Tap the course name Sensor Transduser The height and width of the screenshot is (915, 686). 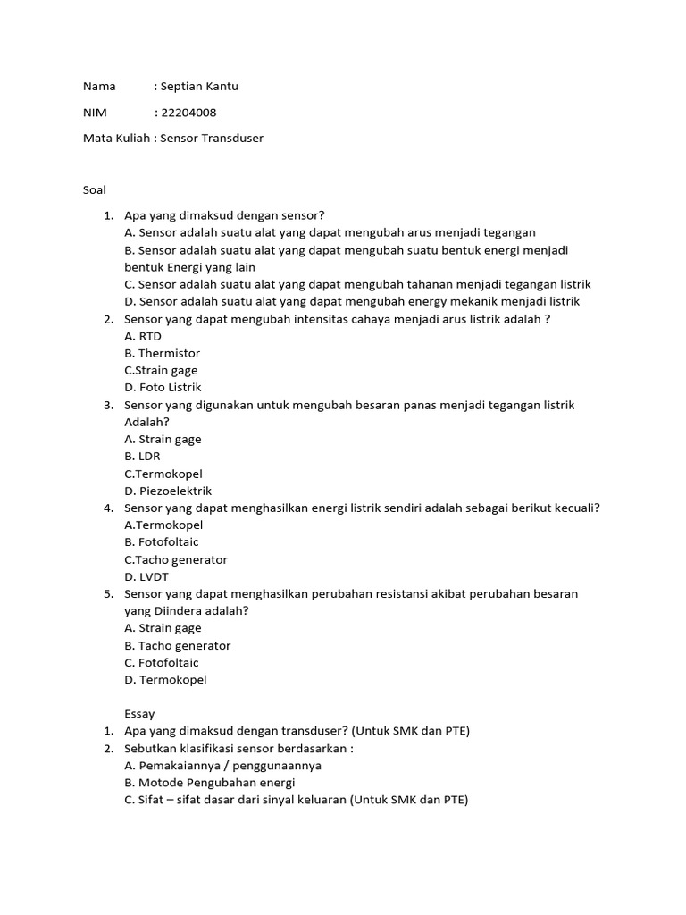point(212,139)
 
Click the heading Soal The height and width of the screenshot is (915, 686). point(94,189)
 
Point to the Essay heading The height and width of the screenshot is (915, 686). point(139,714)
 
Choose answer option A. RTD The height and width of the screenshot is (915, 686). point(143,336)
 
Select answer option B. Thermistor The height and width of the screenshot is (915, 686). point(162,353)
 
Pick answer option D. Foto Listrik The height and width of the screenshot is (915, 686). point(163,387)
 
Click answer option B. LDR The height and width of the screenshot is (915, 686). point(142,456)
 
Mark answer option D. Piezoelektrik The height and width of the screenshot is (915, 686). point(168,491)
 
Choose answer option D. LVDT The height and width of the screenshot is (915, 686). point(146,576)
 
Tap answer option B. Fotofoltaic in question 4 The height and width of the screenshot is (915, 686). point(162,541)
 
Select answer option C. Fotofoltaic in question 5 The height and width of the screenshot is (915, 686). point(162,662)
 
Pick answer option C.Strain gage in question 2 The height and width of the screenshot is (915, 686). point(161,370)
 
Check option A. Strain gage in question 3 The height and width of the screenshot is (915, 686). point(163,439)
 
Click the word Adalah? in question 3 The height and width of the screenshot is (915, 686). point(146,422)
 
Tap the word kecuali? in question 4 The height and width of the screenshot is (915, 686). point(575,508)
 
